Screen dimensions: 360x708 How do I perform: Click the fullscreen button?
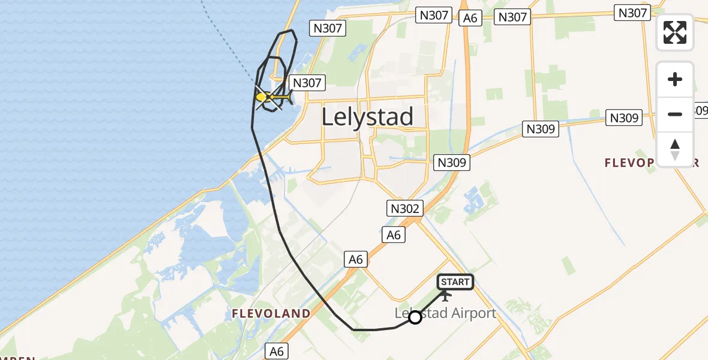point(675,32)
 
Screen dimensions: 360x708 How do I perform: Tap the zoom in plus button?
point(675,80)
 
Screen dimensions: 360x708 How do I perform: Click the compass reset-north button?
point(675,149)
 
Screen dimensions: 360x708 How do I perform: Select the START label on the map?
point(455,282)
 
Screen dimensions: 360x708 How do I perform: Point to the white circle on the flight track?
point(415,317)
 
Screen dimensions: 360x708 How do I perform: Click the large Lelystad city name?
point(367,116)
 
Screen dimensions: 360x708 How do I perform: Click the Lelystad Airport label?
point(446,313)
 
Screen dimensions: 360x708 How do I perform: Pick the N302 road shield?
point(405,208)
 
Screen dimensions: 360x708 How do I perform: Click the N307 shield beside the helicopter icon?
point(307,83)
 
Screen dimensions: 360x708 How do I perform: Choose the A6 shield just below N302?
point(393,235)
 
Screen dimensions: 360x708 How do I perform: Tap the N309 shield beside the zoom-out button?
point(624,118)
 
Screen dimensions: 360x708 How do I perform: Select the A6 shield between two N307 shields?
point(470,18)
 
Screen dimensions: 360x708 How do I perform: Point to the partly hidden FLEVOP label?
point(652,163)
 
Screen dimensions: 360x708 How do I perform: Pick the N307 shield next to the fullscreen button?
point(632,13)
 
